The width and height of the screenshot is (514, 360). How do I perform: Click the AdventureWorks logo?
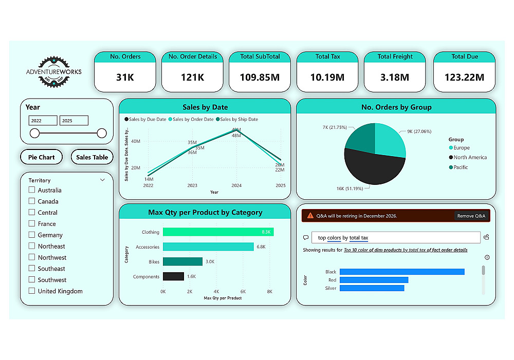click(53, 71)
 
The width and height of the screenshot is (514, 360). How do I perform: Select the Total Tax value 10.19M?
click(328, 78)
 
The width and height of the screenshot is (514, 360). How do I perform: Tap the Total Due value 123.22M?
click(465, 78)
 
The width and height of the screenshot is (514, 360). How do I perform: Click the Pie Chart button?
click(41, 157)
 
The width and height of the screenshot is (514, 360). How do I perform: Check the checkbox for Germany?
click(32, 235)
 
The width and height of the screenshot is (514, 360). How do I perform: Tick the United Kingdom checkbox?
click(32, 291)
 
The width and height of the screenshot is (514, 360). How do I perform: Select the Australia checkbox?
click(32, 190)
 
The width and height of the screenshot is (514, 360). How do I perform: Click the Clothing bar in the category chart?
click(218, 232)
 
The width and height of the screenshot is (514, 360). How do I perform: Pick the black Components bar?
click(173, 276)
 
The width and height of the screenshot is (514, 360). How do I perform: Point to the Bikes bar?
click(182, 261)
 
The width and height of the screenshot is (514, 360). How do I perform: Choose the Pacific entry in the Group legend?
click(461, 167)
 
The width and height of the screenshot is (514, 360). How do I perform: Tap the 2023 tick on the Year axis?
click(192, 185)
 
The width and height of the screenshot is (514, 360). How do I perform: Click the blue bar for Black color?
click(401, 272)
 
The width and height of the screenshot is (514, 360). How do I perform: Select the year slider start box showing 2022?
click(43, 121)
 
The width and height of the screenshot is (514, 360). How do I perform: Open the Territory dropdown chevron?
click(102, 180)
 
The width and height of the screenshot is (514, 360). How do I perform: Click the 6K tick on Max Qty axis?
click(243, 291)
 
